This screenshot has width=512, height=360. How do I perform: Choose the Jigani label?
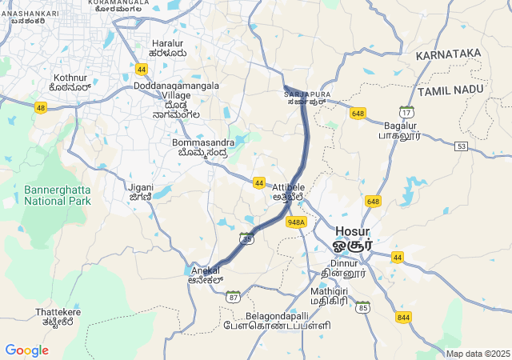coord(141,192)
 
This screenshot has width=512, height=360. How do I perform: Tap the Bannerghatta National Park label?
coord(58,195)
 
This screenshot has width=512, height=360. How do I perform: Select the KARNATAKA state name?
coord(448,54)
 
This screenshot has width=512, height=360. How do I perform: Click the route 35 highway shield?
coord(246,238)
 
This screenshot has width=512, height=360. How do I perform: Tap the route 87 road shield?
coord(233,296)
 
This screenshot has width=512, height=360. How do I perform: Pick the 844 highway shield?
coord(403,317)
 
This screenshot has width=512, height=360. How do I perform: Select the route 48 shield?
coord(41,107)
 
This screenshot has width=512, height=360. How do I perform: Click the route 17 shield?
coord(406,113)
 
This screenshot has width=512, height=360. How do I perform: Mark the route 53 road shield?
coord(461,146)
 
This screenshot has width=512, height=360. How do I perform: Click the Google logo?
coord(26,350)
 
